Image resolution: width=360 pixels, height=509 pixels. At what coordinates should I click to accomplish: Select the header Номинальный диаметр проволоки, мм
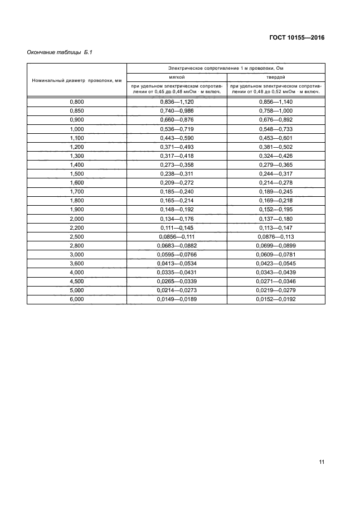pyautogui.click(x=77, y=80)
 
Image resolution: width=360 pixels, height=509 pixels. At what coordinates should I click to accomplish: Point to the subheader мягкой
pyautogui.click(x=177, y=77)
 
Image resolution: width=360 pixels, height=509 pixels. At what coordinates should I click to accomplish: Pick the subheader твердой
pyautogui.click(x=276, y=77)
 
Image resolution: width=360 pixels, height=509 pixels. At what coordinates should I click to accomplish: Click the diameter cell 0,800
pyautogui.click(x=77, y=101)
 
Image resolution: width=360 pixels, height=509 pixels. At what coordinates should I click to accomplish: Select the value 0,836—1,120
pyautogui.click(x=177, y=101)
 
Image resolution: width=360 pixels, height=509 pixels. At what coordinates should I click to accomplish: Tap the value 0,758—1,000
pyautogui.click(x=276, y=110)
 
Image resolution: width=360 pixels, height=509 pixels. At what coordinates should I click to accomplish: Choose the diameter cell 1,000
pyautogui.click(x=77, y=128)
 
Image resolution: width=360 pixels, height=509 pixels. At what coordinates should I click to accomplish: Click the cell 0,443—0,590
pyautogui.click(x=177, y=137)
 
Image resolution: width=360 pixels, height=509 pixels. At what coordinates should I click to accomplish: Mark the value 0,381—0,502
pyautogui.click(x=276, y=146)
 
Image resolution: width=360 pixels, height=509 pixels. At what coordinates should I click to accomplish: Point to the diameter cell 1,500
pyautogui.click(x=77, y=173)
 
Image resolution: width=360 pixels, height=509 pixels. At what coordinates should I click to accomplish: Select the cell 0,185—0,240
pyautogui.click(x=177, y=191)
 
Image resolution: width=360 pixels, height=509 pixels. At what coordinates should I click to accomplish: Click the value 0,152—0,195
pyautogui.click(x=276, y=209)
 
